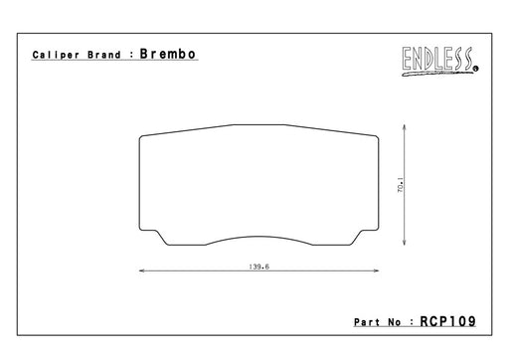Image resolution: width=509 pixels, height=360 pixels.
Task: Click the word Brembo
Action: point(168,54)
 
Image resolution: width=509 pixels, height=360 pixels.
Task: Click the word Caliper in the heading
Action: point(56,55)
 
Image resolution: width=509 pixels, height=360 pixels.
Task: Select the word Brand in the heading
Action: point(104,55)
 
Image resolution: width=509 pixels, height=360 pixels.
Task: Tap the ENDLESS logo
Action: point(440,61)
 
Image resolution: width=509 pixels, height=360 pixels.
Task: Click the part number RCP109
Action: point(448,321)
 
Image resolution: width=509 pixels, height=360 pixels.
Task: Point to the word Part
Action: point(367,322)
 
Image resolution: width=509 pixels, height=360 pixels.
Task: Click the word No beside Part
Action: point(395,322)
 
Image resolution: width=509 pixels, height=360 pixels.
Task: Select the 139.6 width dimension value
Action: point(259,267)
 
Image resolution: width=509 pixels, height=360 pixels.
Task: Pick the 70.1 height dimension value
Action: point(401,185)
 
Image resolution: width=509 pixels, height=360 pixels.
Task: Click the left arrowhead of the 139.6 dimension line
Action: point(141,270)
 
